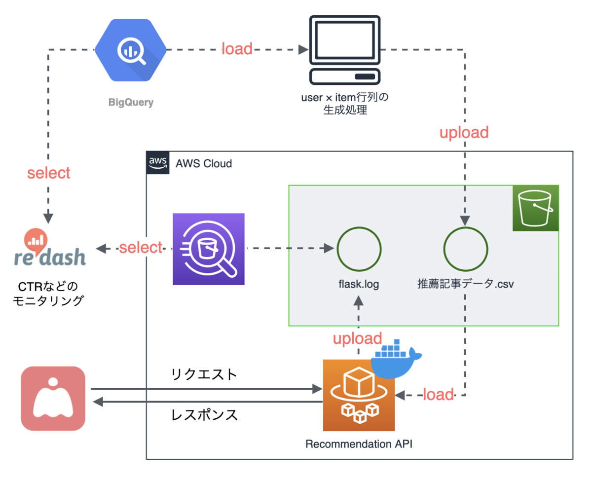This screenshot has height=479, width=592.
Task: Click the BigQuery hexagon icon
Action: coord(131,50)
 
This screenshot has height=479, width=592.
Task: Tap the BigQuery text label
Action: coord(131,103)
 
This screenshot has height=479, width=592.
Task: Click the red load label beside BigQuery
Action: coord(237,49)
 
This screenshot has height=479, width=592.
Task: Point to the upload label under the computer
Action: coord(463,132)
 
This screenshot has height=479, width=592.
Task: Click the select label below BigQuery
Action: coord(49,173)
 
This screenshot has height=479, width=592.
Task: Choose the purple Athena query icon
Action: coord(209,249)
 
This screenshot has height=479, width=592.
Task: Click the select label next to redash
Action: coord(141,248)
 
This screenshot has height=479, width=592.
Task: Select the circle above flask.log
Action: coord(359,249)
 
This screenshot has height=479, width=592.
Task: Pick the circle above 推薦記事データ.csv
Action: coord(465,249)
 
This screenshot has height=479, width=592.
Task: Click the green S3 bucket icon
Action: coord(535,208)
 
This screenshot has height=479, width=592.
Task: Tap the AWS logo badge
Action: coord(157,163)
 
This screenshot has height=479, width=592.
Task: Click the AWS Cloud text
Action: coord(204,163)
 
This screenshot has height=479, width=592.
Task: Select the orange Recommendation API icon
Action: coord(359,395)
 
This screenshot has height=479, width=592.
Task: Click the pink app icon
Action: coord(53,398)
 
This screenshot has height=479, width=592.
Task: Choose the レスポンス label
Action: coord(204,415)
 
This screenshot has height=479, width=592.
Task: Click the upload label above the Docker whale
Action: coord(357,339)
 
